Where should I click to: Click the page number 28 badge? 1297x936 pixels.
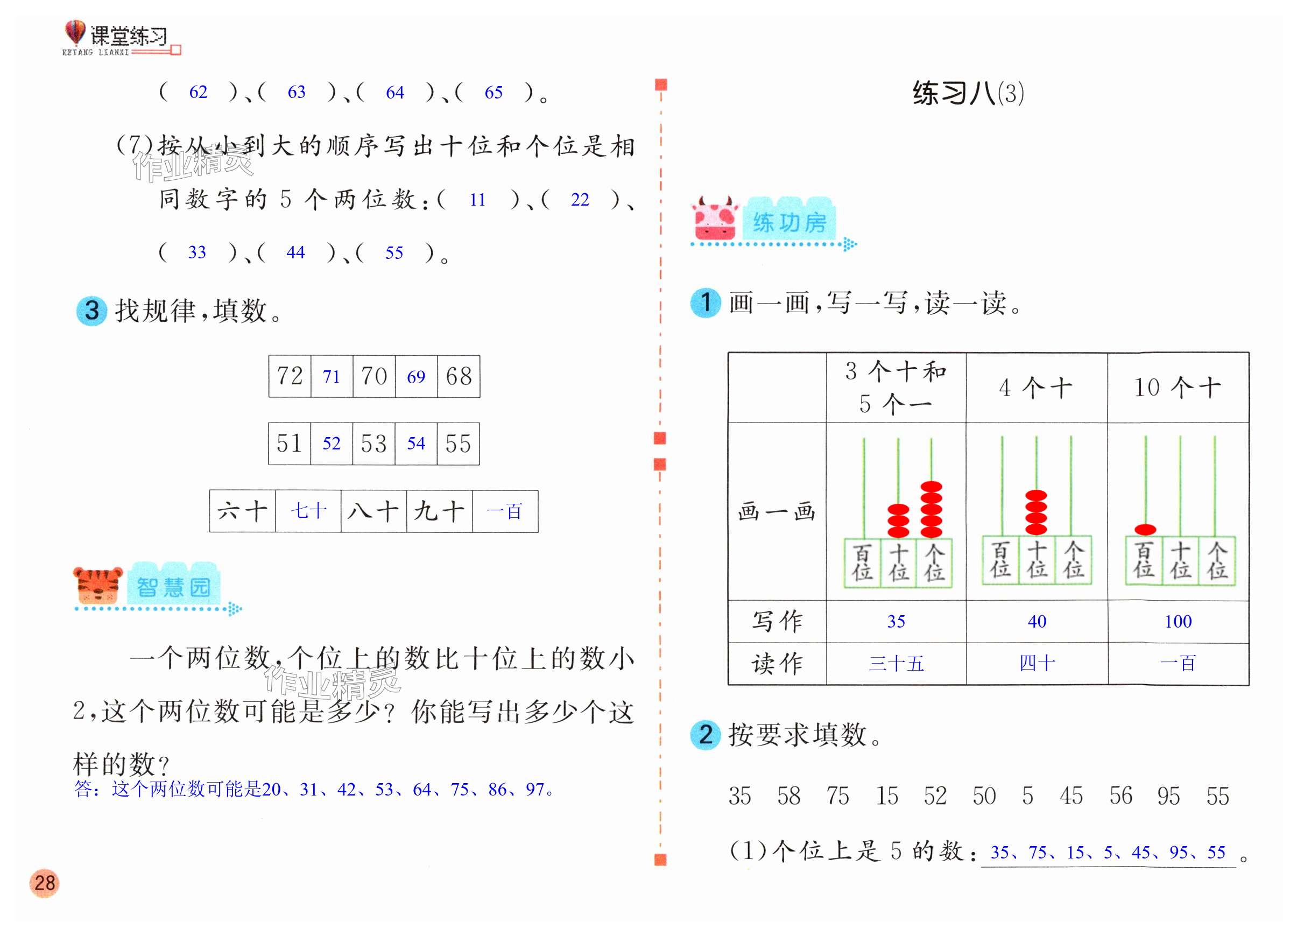pos(44,882)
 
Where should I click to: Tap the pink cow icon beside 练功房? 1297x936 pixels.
pos(714,220)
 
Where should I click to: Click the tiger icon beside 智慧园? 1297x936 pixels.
pos(98,585)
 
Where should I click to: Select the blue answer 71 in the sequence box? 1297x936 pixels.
pos(331,377)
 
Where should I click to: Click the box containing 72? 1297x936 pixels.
pos(290,376)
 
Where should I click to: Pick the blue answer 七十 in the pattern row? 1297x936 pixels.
pos(308,511)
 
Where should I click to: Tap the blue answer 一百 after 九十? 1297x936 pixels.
pos(504,511)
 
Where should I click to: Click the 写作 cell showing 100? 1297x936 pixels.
pos(1178,622)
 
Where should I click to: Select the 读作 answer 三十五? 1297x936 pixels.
pos(896,663)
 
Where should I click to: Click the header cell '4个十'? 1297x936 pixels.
pos(1035,388)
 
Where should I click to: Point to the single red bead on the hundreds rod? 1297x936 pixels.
pos(1145,530)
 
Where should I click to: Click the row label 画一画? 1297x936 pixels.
pos(776,511)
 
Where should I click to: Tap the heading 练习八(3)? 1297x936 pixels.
pos(968,93)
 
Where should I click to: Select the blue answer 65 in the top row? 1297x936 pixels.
pos(494,93)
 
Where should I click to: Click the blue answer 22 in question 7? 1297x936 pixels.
pos(579,200)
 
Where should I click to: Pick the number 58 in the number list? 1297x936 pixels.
pos(788,796)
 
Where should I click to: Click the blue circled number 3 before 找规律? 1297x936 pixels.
pos(91,311)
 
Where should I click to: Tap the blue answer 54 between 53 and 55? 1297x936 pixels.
pos(416,443)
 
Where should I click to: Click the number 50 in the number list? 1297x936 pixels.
pos(984,796)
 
